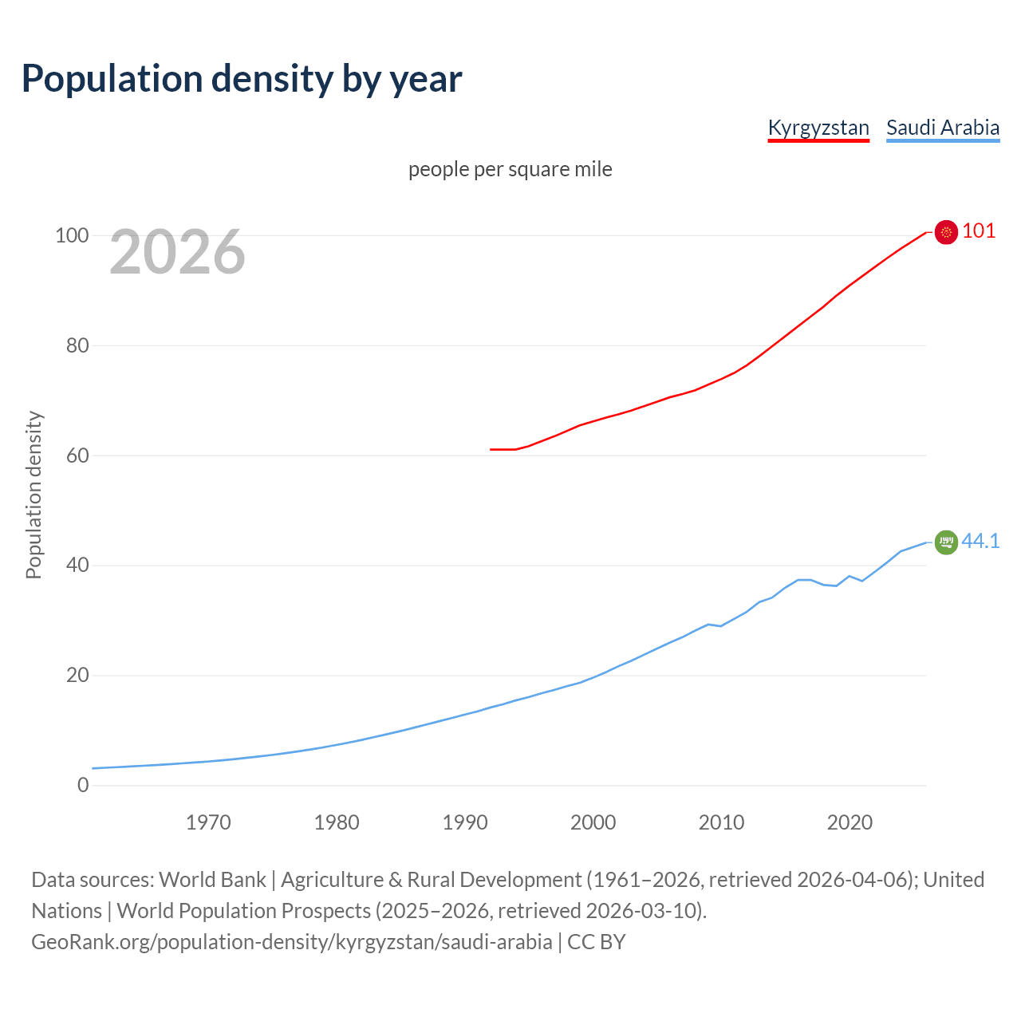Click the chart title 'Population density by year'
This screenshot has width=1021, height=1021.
(x=242, y=79)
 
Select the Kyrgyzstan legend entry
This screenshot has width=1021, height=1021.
(x=818, y=128)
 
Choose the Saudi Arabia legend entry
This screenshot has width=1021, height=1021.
(x=943, y=128)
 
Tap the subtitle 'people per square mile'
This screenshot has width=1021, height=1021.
(x=510, y=170)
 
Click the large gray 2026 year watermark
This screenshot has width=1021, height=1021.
(x=177, y=252)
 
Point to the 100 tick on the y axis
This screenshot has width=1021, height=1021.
(x=71, y=236)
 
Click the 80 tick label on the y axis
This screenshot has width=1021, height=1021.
(x=77, y=346)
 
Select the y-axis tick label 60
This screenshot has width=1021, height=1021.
(x=77, y=456)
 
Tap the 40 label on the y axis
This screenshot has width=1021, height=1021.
(x=77, y=566)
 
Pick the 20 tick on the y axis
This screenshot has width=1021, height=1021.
(x=77, y=676)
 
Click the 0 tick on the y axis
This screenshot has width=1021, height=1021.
(x=83, y=786)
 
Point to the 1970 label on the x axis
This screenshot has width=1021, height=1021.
(x=208, y=822)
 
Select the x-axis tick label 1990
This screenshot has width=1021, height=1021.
(x=465, y=822)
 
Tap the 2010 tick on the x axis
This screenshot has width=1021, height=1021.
(x=721, y=822)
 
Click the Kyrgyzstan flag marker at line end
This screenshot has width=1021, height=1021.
(x=946, y=232)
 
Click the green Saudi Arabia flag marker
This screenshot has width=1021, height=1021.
(x=946, y=542)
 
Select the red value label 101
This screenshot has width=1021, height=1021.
(x=979, y=231)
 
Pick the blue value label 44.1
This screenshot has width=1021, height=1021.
(x=980, y=542)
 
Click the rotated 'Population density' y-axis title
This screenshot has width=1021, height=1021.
(x=34, y=495)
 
